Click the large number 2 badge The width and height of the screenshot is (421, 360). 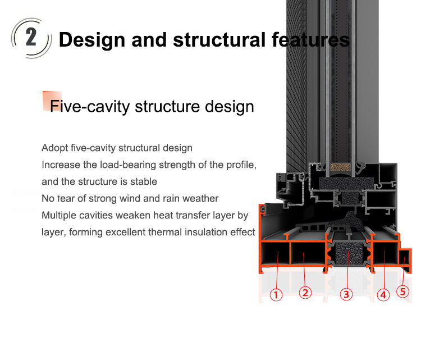pos(31,38)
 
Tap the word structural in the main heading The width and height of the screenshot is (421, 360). pos(218,40)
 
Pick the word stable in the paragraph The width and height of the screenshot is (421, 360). pos(144,182)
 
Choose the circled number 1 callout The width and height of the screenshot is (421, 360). pos(276,294)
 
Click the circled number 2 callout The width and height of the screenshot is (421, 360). pos(305,293)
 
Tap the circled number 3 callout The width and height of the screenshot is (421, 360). pos(346,294)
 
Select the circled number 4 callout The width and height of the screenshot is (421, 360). pos(383,294)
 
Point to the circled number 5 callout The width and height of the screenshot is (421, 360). pos(402,291)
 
